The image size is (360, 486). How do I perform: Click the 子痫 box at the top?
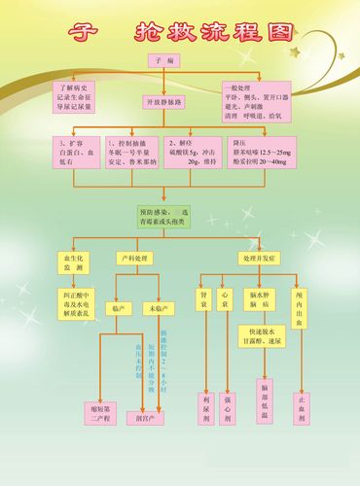tap(164, 61)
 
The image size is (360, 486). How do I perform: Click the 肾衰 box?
tap(204, 298)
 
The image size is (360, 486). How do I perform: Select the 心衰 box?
tap(227, 298)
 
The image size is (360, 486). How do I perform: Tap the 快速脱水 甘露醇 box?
tap(262, 336)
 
